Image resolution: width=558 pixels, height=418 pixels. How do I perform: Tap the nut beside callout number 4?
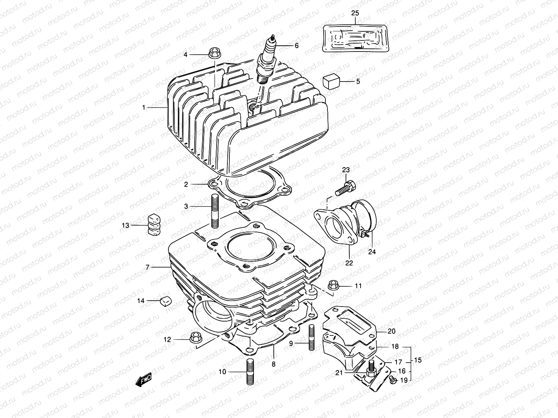click(214, 54)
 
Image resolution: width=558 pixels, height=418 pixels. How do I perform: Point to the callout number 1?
click(143, 108)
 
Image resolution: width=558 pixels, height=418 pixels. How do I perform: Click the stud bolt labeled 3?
click(215, 211)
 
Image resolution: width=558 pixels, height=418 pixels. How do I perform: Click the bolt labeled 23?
click(345, 187)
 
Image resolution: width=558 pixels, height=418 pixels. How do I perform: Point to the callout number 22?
click(349, 263)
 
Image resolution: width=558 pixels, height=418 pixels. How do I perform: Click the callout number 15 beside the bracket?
click(418, 360)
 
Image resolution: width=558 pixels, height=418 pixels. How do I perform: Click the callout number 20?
click(391, 331)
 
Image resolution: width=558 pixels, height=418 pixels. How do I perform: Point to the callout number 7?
click(148, 267)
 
